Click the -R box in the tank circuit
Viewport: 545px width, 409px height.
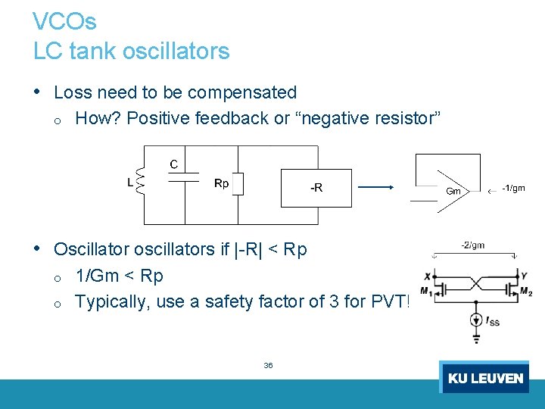[316, 188]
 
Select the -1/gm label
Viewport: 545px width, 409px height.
[513, 188]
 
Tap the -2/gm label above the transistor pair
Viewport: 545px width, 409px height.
[472, 245]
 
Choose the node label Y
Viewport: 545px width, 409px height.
[523, 276]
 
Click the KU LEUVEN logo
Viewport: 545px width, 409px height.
[484, 377]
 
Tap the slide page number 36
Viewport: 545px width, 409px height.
[268, 365]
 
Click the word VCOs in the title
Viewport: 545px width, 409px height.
[65, 21]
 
